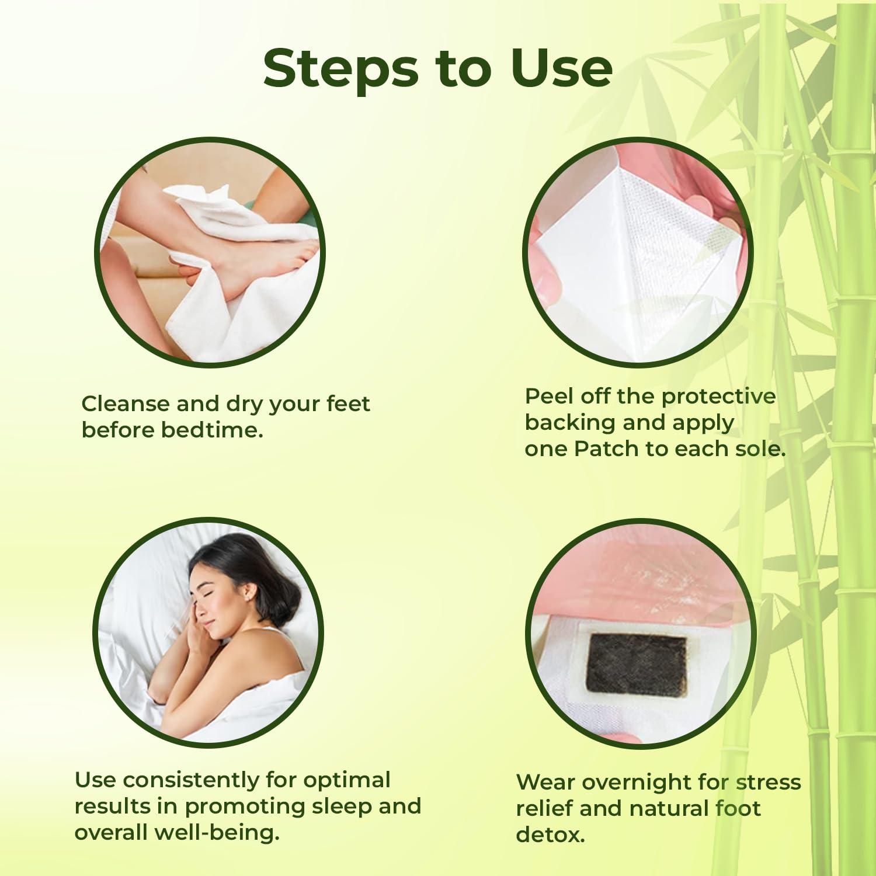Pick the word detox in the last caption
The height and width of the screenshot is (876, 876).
coord(550,835)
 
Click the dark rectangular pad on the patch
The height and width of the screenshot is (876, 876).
coord(636,664)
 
